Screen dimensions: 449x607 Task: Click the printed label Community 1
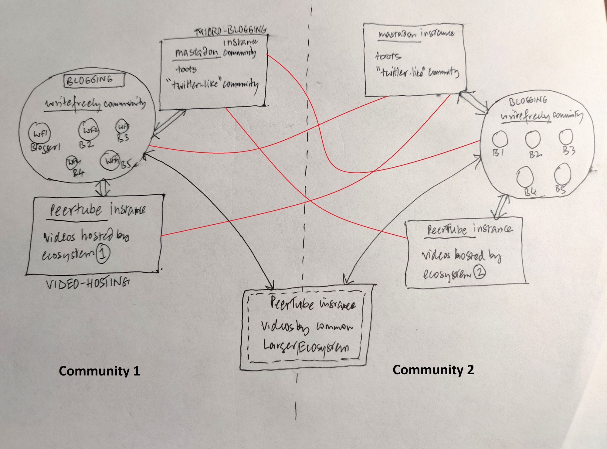[99, 371]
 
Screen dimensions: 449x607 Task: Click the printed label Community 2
[433, 370]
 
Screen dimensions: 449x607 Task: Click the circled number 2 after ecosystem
[480, 273]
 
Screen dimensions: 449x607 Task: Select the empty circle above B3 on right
[566, 137]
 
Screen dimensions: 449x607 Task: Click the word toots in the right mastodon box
[388, 56]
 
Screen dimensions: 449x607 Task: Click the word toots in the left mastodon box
[186, 70]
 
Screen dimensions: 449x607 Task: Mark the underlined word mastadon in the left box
[197, 53]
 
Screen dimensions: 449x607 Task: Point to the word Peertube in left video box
[76, 209]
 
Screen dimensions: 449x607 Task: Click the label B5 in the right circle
[561, 189]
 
